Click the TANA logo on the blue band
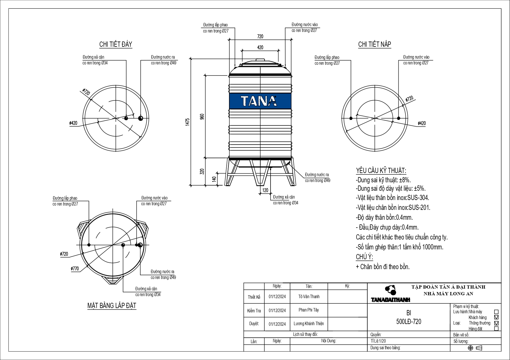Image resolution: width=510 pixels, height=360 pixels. tap(259, 101)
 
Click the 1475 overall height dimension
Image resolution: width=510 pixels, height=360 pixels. tap(187, 121)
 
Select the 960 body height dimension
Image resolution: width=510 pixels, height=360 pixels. tap(202, 116)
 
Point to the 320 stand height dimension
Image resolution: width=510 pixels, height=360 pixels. tap(202, 171)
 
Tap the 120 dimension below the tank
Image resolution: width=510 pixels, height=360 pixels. tap(265, 190)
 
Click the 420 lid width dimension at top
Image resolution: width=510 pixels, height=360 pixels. tap(260, 47)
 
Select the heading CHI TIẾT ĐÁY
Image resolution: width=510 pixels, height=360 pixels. tap(116, 44)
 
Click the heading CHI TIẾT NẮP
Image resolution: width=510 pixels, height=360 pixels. tap(375, 44)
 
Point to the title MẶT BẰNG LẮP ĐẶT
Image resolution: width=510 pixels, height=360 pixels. tap(112, 306)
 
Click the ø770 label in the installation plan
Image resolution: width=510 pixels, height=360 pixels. tap(75, 269)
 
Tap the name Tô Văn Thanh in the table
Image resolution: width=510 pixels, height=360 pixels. tap(309, 296)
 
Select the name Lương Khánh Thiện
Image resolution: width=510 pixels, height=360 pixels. tap(309, 324)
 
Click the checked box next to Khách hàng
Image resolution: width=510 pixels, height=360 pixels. tap(496, 317)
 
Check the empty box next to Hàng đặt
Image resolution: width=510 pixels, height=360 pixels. tap(496, 329)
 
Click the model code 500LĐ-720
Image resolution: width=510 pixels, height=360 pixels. tap(408, 321)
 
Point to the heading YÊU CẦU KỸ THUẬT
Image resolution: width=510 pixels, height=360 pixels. tap(381, 171)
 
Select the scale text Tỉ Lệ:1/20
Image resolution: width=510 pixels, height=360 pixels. tap(378, 341)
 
